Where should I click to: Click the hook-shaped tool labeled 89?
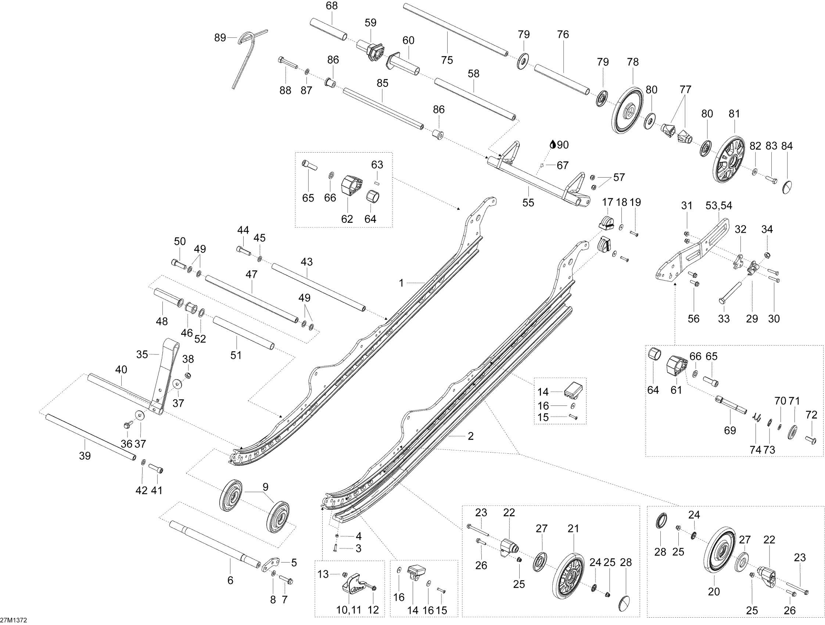(246, 56)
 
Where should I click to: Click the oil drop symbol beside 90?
(553, 145)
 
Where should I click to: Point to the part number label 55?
(528, 203)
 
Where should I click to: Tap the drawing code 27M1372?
(14, 620)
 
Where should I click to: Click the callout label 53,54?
(719, 206)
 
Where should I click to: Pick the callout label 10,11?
(349, 610)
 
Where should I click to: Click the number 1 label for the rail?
(401, 283)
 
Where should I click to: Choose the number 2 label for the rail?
(471, 436)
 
